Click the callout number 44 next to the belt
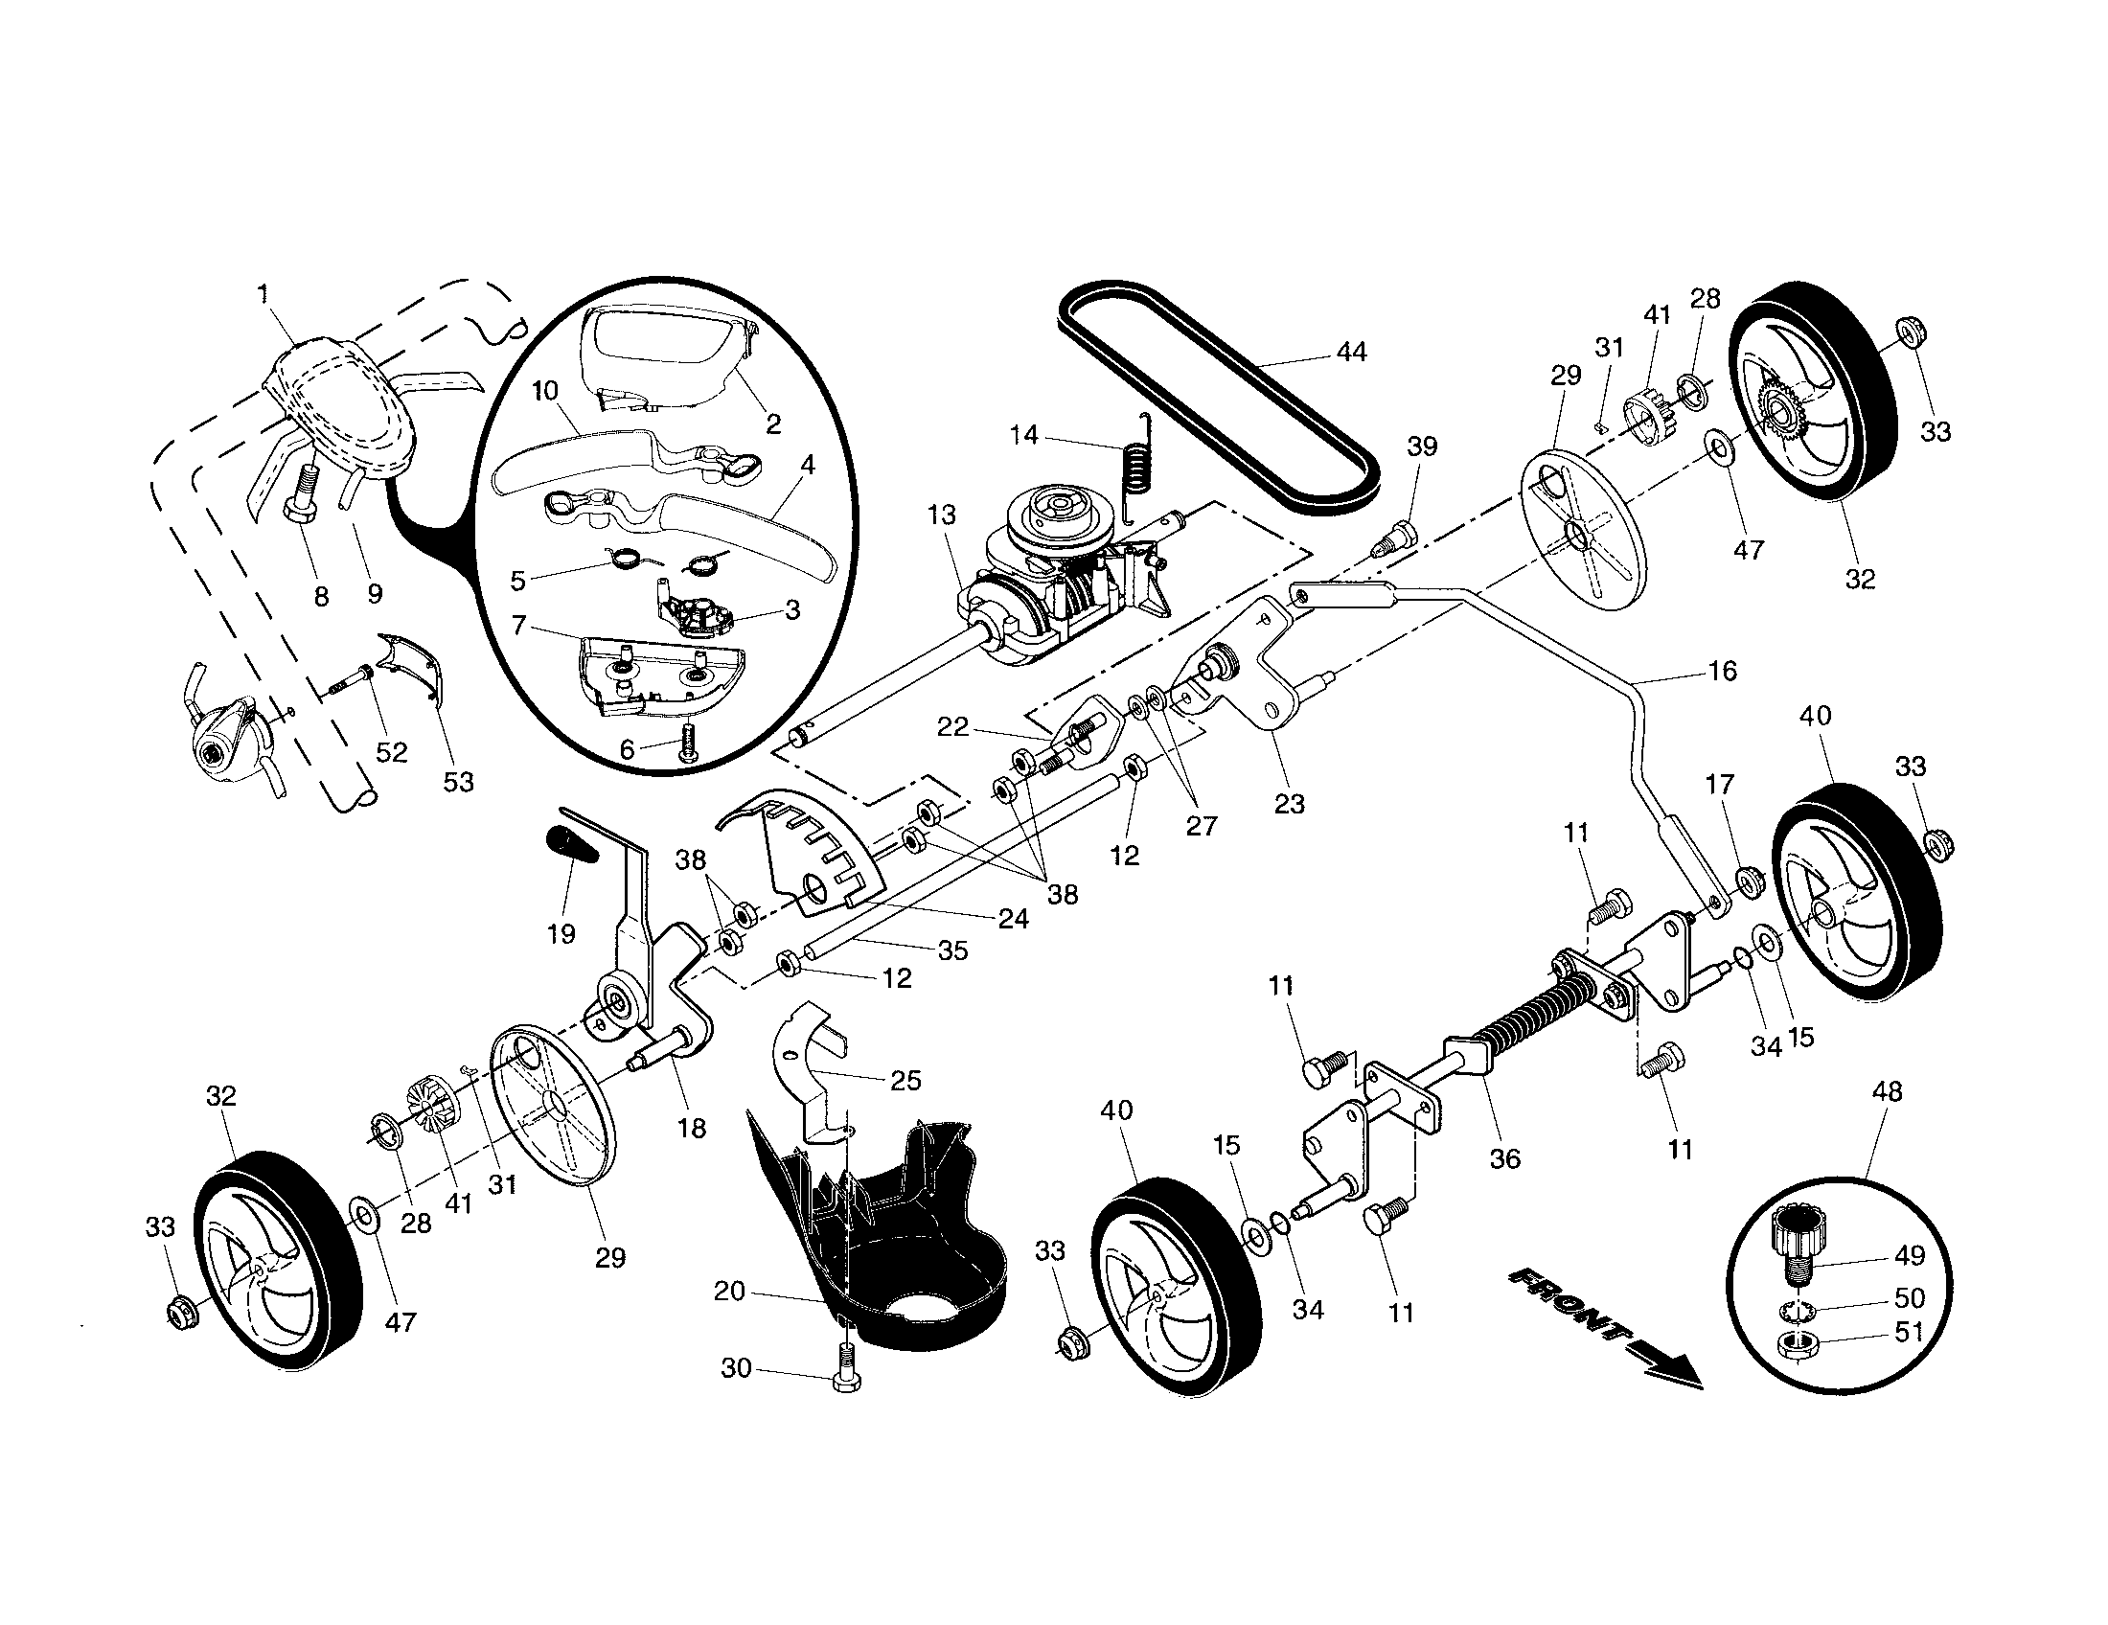(1351, 354)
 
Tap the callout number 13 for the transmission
(941, 515)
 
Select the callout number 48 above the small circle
(1886, 1091)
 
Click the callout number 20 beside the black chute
(730, 1291)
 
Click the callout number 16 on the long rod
(1722, 671)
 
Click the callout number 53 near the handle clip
(458, 781)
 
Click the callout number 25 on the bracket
(905, 1080)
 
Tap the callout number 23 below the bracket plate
(1289, 803)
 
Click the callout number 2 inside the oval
(772, 423)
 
